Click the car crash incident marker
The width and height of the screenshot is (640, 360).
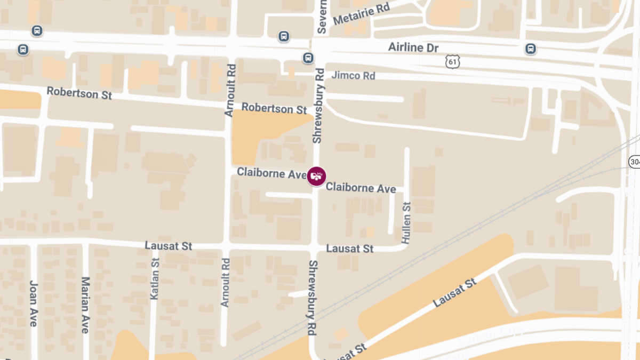(x=317, y=175)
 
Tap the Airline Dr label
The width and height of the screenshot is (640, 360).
(x=413, y=47)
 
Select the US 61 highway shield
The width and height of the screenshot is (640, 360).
(x=452, y=62)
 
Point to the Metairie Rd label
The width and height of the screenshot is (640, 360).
(x=361, y=14)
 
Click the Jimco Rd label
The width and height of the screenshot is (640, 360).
(x=353, y=76)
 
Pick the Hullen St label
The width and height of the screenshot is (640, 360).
(x=406, y=223)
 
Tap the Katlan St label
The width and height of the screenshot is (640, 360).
(x=155, y=278)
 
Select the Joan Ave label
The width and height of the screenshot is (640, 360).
(x=33, y=303)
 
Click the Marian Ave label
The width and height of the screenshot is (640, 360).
(x=85, y=305)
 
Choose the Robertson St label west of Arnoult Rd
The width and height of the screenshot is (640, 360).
(x=79, y=93)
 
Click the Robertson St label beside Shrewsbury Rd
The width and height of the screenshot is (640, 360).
(x=274, y=108)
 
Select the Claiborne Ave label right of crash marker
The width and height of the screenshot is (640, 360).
(x=361, y=188)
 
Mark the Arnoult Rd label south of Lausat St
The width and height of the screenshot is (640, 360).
(x=226, y=282)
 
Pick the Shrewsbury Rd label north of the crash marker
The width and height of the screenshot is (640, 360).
(x=318, y=106)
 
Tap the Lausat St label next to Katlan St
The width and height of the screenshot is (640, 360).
(x=169, y=246)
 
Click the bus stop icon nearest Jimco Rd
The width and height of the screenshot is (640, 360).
(x=308, y=58)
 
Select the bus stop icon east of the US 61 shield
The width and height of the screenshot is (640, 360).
(x=531, y=49)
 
